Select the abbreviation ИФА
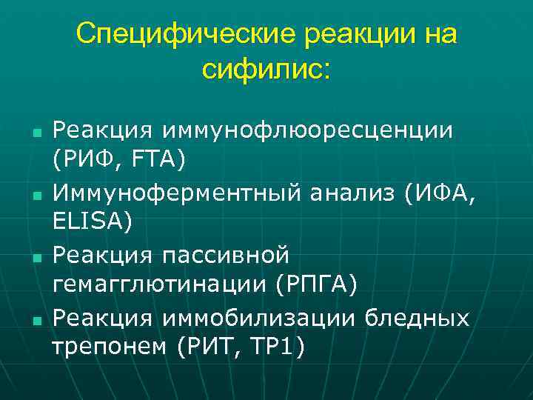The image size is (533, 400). [x=441, y=194]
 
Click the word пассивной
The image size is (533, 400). [x=223, y=257]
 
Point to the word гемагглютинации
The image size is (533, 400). [x=158, y=282]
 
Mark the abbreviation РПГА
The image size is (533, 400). [x=316, y=282]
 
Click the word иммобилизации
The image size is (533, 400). [x=258, y=319]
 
